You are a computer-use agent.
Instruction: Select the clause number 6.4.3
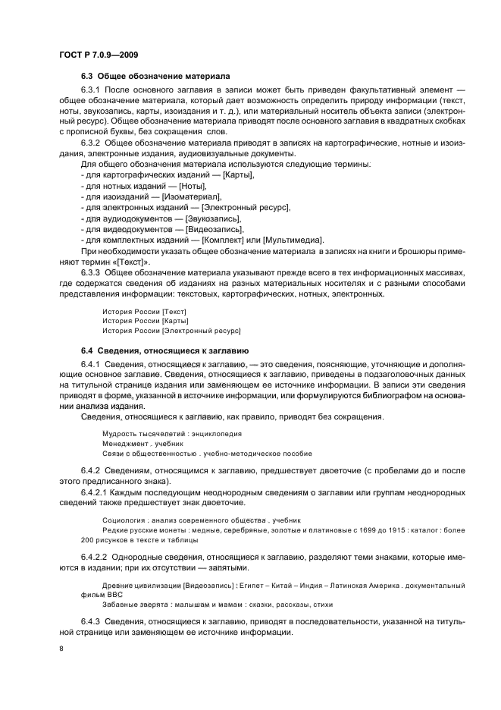tap(91, 621)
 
